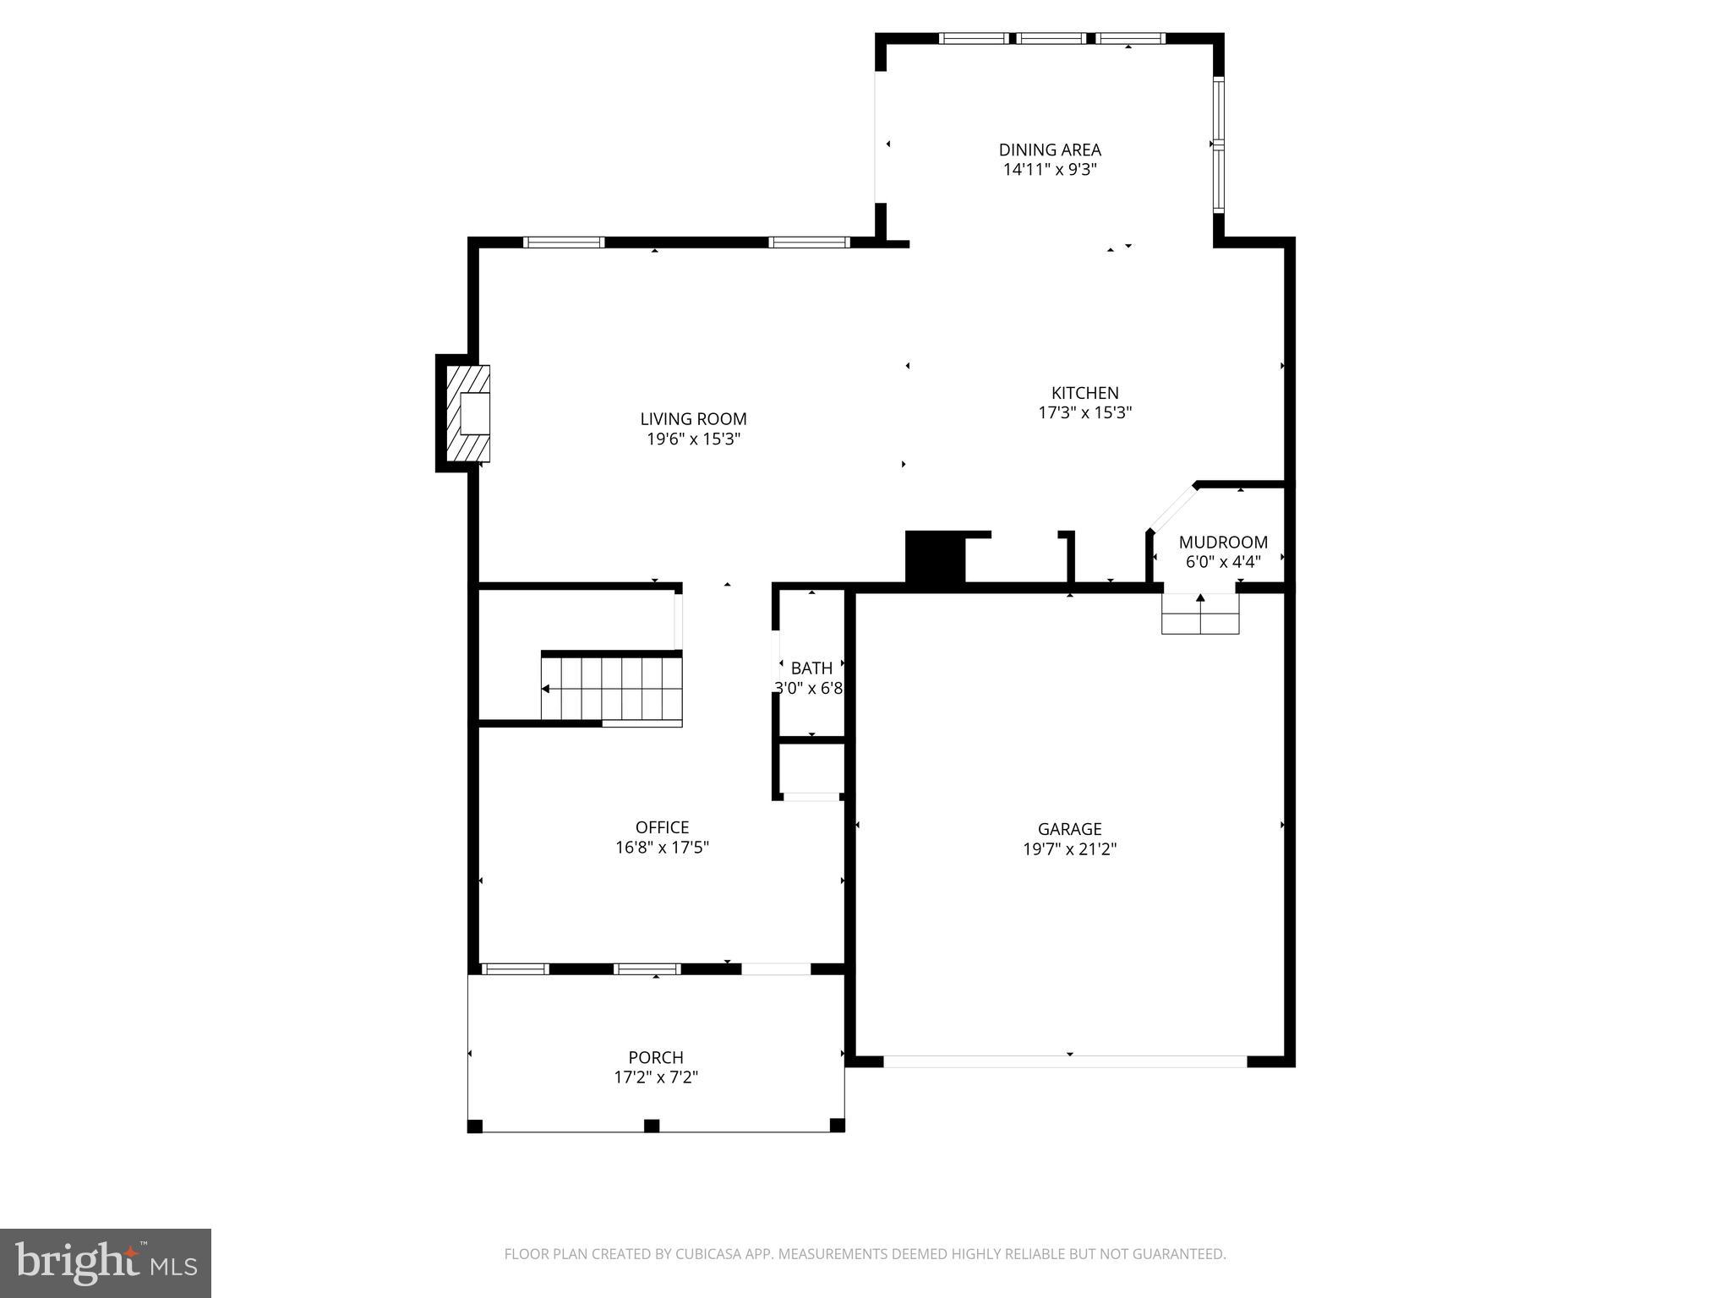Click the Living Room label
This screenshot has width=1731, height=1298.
pyautogui.click(x=693, y=419)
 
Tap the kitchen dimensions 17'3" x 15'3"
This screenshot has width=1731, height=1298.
pyautogui.click(x=1084, y=413)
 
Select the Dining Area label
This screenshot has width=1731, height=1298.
pyautogui.click(x=1050, y=150)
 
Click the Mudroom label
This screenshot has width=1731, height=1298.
pyautogui.click(x=1223, y=543)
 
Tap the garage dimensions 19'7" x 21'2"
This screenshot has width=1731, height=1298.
pyautogui.click(x=1069, y=849)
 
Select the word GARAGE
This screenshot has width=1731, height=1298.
pyautogui.click(x=1069, y=829)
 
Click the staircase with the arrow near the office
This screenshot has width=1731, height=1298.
pyautogui.click(x=612, y=690)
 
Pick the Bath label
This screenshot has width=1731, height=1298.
pyautogui.click(x=811, y=668)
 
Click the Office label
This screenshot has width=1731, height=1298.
pyautogui.click(x=662, y=827)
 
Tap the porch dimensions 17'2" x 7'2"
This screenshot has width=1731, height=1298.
pyautogui.click(x=656, y=1077)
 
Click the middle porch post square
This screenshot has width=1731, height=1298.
pyautogui.click(x=652, y=1126)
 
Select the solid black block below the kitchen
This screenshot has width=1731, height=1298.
pyautogui.click(x=934, y=558)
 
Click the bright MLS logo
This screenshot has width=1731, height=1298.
pyautogui.click(x=106, y=1263)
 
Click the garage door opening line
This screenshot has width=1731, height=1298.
pyautogui.click(x=1065, y=1061)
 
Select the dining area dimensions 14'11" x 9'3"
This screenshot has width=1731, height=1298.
pyautogui.click(x=1050, y=170)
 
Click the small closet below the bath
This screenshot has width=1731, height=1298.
pyautogui.click(x=811, y=768)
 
